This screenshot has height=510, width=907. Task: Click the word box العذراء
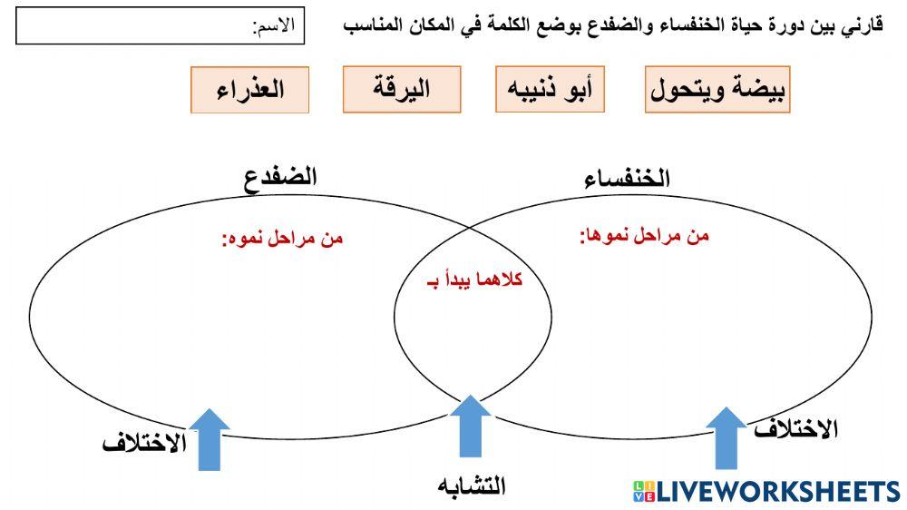pos(249,90)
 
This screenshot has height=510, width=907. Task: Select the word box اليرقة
pos(402,90)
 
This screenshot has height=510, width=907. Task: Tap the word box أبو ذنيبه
pos(551,90)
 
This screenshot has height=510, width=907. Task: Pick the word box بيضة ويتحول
pos(717,90)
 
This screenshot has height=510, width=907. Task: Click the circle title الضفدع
pos(280,176)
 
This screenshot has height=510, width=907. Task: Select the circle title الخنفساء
pos(629,179)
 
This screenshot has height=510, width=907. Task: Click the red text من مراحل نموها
pos(644,236)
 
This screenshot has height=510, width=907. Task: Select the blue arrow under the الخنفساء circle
pos(726,437)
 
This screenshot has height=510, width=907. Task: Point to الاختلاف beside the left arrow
pos(144,444)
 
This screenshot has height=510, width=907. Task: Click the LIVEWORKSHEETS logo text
pos(777,492)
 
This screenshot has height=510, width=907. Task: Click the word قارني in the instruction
pos(863,25)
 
